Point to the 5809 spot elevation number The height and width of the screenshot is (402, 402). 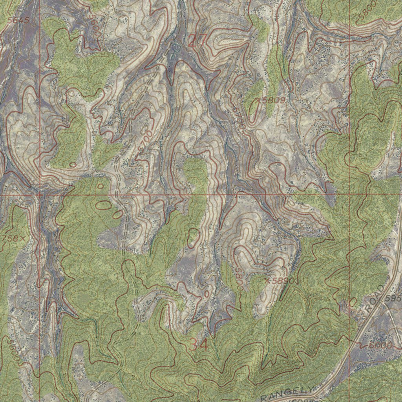coord(274,100)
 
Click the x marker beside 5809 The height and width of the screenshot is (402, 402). coord(258,101)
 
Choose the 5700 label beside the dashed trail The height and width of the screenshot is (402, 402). coord(145,141)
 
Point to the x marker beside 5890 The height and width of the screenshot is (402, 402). coord(267,281)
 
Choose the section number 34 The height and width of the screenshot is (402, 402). coord(199,345)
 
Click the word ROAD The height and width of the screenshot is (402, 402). coord(374,300)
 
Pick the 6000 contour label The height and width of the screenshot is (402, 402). coord(380,345)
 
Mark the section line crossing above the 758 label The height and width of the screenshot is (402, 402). coord(40,194)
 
